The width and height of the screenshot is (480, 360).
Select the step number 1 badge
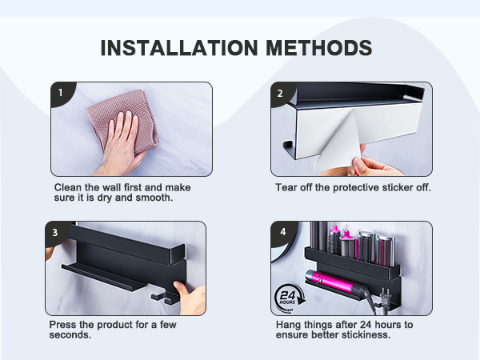tap(60, 92)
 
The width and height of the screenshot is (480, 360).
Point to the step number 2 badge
tap(280, 92)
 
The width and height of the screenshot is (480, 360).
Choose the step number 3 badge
tap(55, 233)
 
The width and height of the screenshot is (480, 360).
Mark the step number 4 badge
tap(281, 233)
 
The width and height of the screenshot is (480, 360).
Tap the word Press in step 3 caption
tap(64, 325)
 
